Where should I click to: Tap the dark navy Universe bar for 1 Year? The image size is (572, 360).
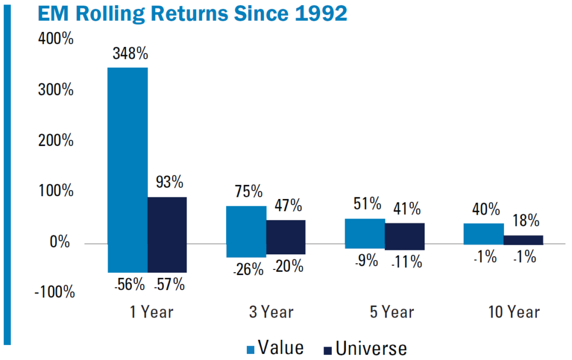tap(167, 234)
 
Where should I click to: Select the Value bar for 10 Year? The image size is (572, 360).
tap(484, 234)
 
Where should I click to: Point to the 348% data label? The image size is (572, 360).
tap(129, 54)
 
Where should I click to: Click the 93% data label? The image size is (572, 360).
tap(168, 183)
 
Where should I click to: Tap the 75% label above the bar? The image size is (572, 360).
tap(246, 192)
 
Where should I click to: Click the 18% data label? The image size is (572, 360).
tap(523, 221)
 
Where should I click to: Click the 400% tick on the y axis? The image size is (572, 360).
tap(56, 40)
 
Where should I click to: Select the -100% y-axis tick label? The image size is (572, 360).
tap(54, 292)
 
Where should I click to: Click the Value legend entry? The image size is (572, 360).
tap(275, 348)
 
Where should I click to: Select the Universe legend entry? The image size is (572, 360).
tap(365, 348)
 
